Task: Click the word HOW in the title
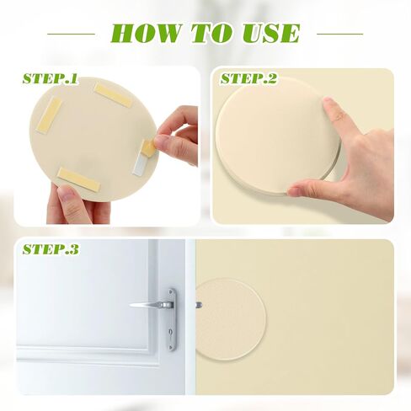point(146,33)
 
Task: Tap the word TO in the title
point(212,33)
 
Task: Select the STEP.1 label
point(50,78)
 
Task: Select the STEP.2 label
point(248,78)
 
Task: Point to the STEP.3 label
point(51,249)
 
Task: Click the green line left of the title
point(72,34)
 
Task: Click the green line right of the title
point(339,34)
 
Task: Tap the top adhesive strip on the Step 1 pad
point(113,95)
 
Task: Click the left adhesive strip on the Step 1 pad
point(49,115)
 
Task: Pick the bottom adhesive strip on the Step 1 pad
point(78,179)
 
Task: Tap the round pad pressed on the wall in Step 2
point(278,135)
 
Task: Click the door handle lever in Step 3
point(152,305)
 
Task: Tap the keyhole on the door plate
point(171,332)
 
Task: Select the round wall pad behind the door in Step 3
point(230,319)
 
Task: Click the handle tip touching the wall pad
point(199,304)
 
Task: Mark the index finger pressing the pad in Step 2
point(335,115)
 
